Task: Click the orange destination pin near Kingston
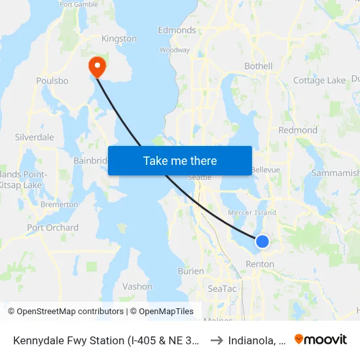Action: click(x=97, y=65)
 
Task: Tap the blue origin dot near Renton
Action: click(x=262, y=242)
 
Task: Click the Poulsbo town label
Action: click(x=52, y=81)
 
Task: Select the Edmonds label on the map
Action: click(x=177, y=30)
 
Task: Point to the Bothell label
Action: click(x=258, y=66)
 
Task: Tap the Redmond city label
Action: click(x=298, y=130)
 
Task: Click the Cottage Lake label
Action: click(x=319, y=81)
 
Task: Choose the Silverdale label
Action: click(x=34, y=137)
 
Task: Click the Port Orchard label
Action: click(x=52, y=228)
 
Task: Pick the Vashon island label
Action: click(x=137, y=287)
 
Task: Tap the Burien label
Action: click(x=191, y=270)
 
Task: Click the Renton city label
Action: click(x=260, y=264)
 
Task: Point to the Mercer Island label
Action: click(x=251, y=213)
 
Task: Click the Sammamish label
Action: click(x=335, y=173)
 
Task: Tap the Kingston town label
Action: click(x=119, y=39)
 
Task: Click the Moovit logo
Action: click(x=321, y=340)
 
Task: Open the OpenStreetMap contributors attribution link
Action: click(x=65, y=312)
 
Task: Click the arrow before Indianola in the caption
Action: click(x=216, y=340)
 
